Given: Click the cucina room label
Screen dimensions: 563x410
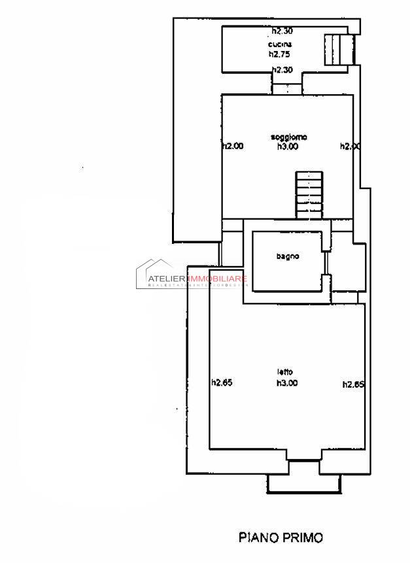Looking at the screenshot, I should click(x=275, y=44).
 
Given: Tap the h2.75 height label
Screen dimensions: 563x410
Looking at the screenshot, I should click(x=279, y=54).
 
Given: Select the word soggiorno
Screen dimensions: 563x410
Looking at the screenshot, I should click(x=288, y=137).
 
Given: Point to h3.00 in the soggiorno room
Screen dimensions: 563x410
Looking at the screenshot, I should click(x=288, y=146).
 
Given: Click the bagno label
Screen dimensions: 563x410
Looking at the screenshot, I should click(x=287, y=256).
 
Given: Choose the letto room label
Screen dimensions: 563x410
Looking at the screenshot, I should click(x=284, y=373).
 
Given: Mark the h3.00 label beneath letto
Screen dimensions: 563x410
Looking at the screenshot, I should click(x=287, y=383).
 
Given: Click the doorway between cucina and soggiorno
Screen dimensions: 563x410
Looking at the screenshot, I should click(x=286, y=90).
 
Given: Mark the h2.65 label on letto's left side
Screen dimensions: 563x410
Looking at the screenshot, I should click(x=222, y=384).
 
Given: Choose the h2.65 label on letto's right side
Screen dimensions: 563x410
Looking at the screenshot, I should click(x=353, y=384).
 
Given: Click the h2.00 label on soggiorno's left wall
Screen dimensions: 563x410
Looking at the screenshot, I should click(x=233, y=146).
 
